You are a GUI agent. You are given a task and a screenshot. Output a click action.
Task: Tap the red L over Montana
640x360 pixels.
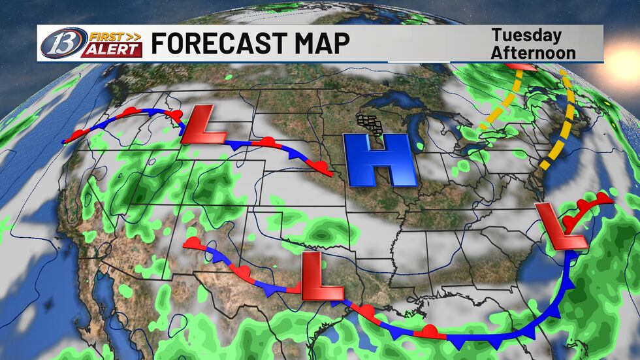(x=202, y=124)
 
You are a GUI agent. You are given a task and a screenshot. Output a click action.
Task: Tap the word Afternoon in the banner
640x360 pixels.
(x=534, y=52)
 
